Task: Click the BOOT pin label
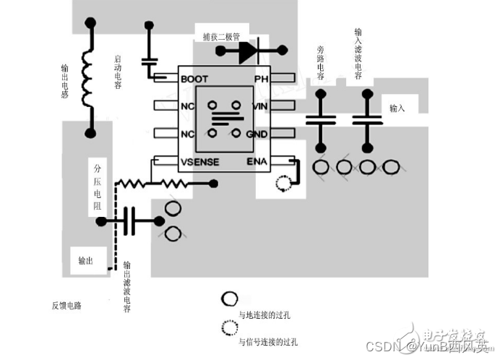(194, 78)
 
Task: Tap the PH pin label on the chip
(262, 78)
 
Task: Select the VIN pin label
(260, 106)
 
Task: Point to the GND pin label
(258, 134)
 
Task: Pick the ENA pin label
(258, 161)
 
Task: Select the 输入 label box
(398, 108)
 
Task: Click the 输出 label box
(87, 260)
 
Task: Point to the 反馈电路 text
(66, 305)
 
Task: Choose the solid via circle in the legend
(230, 299)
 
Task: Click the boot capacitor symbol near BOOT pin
(150, 64)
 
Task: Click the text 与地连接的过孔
(268, 315)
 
